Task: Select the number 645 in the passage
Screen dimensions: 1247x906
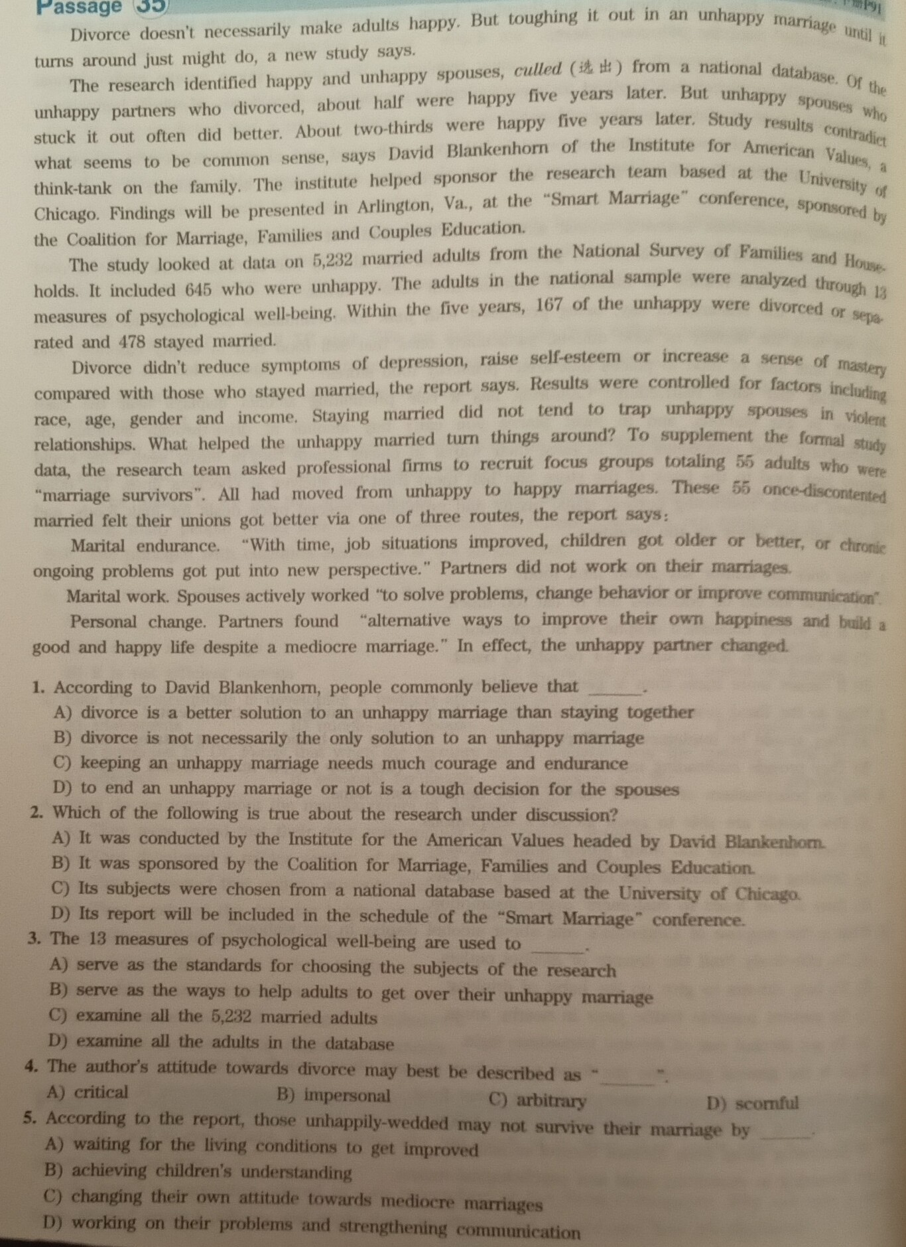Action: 198,290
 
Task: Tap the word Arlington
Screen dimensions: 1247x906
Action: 394,206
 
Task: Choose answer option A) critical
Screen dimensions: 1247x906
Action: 89,1092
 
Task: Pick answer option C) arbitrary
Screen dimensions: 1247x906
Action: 538,1100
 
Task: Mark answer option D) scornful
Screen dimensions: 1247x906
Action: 753,1104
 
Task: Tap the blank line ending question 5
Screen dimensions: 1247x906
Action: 786,1137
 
